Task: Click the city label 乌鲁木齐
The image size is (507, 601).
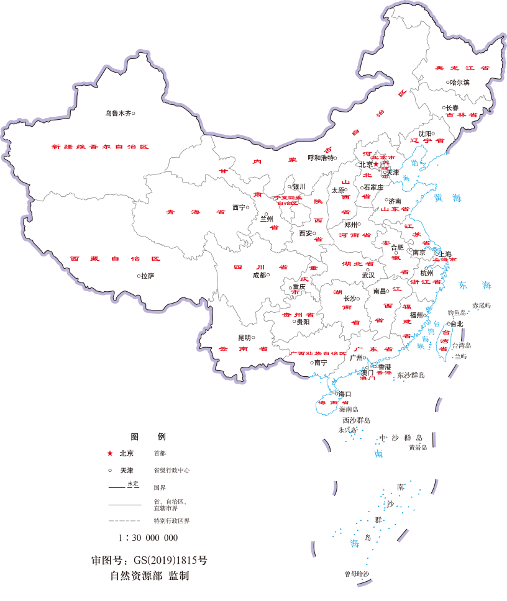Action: pyautogui.click(x=117, y=113)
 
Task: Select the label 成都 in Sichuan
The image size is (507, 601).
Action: pyautogui.click(x=258, y=274)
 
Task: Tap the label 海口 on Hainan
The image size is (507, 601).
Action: pyautogui.click(x=344, y=394)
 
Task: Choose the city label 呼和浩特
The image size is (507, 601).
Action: pyautogui.click(x=321, y=158)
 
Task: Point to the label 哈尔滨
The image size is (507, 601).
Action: pyautogui.click(x=460, y=82)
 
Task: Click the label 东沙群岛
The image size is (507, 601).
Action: pyautogui.click(x=411, y=375)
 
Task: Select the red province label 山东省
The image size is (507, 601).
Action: pyautogui.click(x=394, y=209)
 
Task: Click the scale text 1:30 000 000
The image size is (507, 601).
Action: pyautogui.click(x=148, y=538)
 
